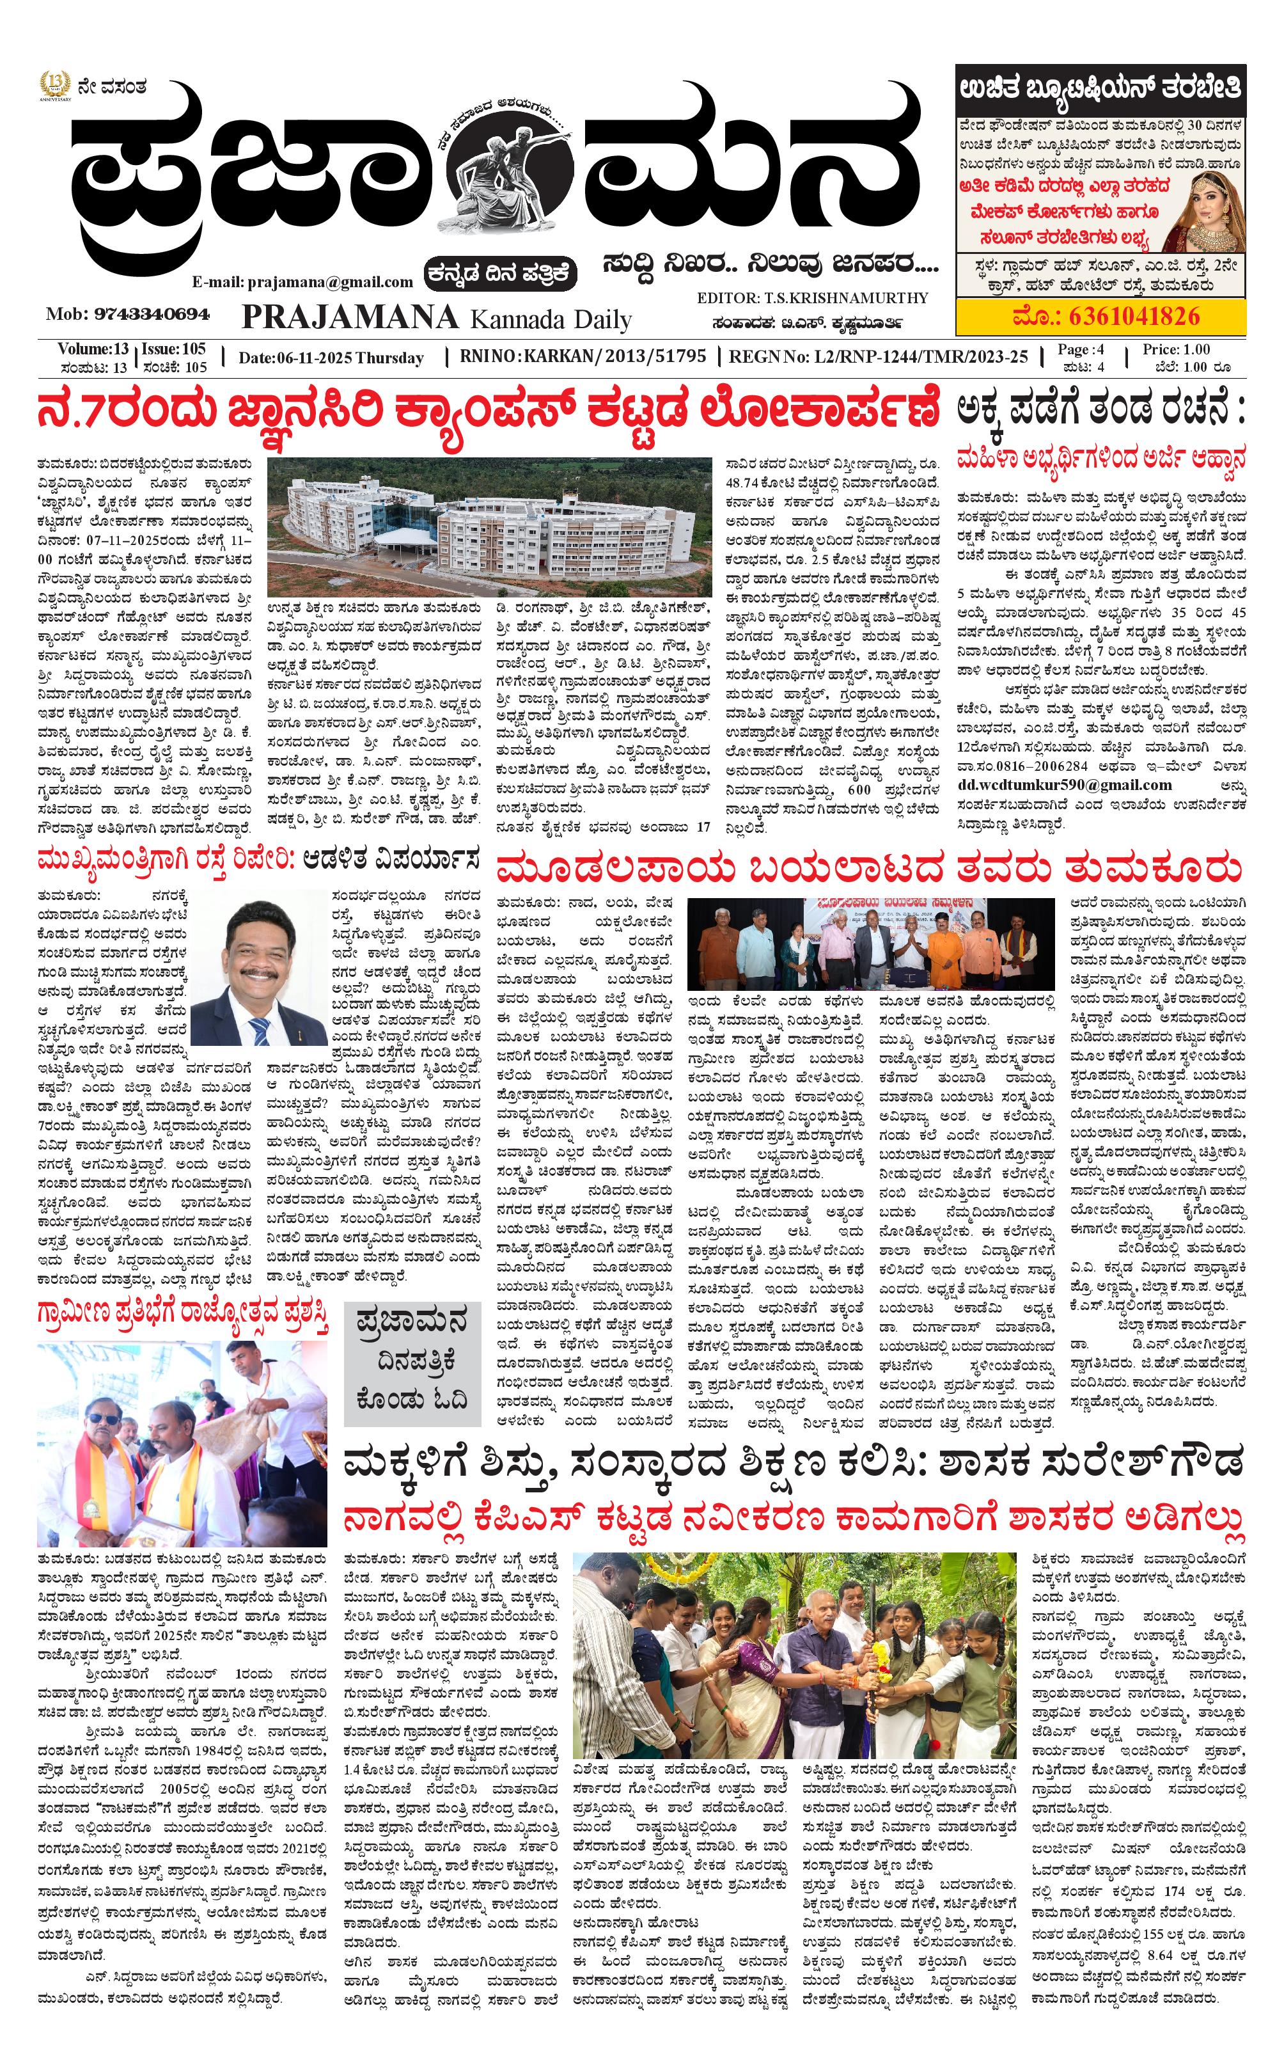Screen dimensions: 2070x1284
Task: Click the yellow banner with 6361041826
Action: pos(1100,317)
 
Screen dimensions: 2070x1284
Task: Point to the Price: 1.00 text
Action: pos(1176,349)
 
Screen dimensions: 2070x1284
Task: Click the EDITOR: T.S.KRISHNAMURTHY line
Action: pos(812,298)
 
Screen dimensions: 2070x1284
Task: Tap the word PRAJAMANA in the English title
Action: pos(350,318)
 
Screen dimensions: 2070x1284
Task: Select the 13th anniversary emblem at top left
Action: pos(55,86)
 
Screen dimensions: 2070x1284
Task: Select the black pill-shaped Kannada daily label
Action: pos(502,274)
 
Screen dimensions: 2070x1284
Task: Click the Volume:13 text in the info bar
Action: pos(93,349)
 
